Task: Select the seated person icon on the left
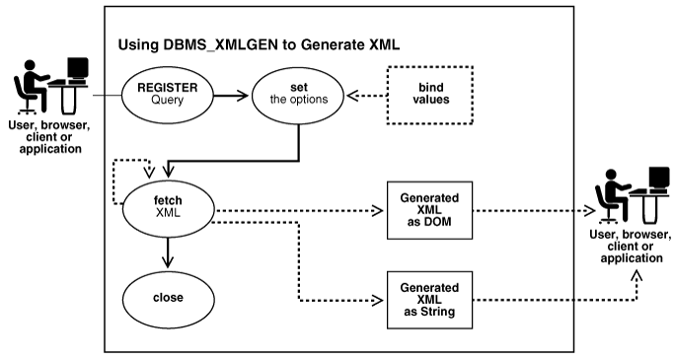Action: (32, 83)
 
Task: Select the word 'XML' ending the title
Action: (375, 44)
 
